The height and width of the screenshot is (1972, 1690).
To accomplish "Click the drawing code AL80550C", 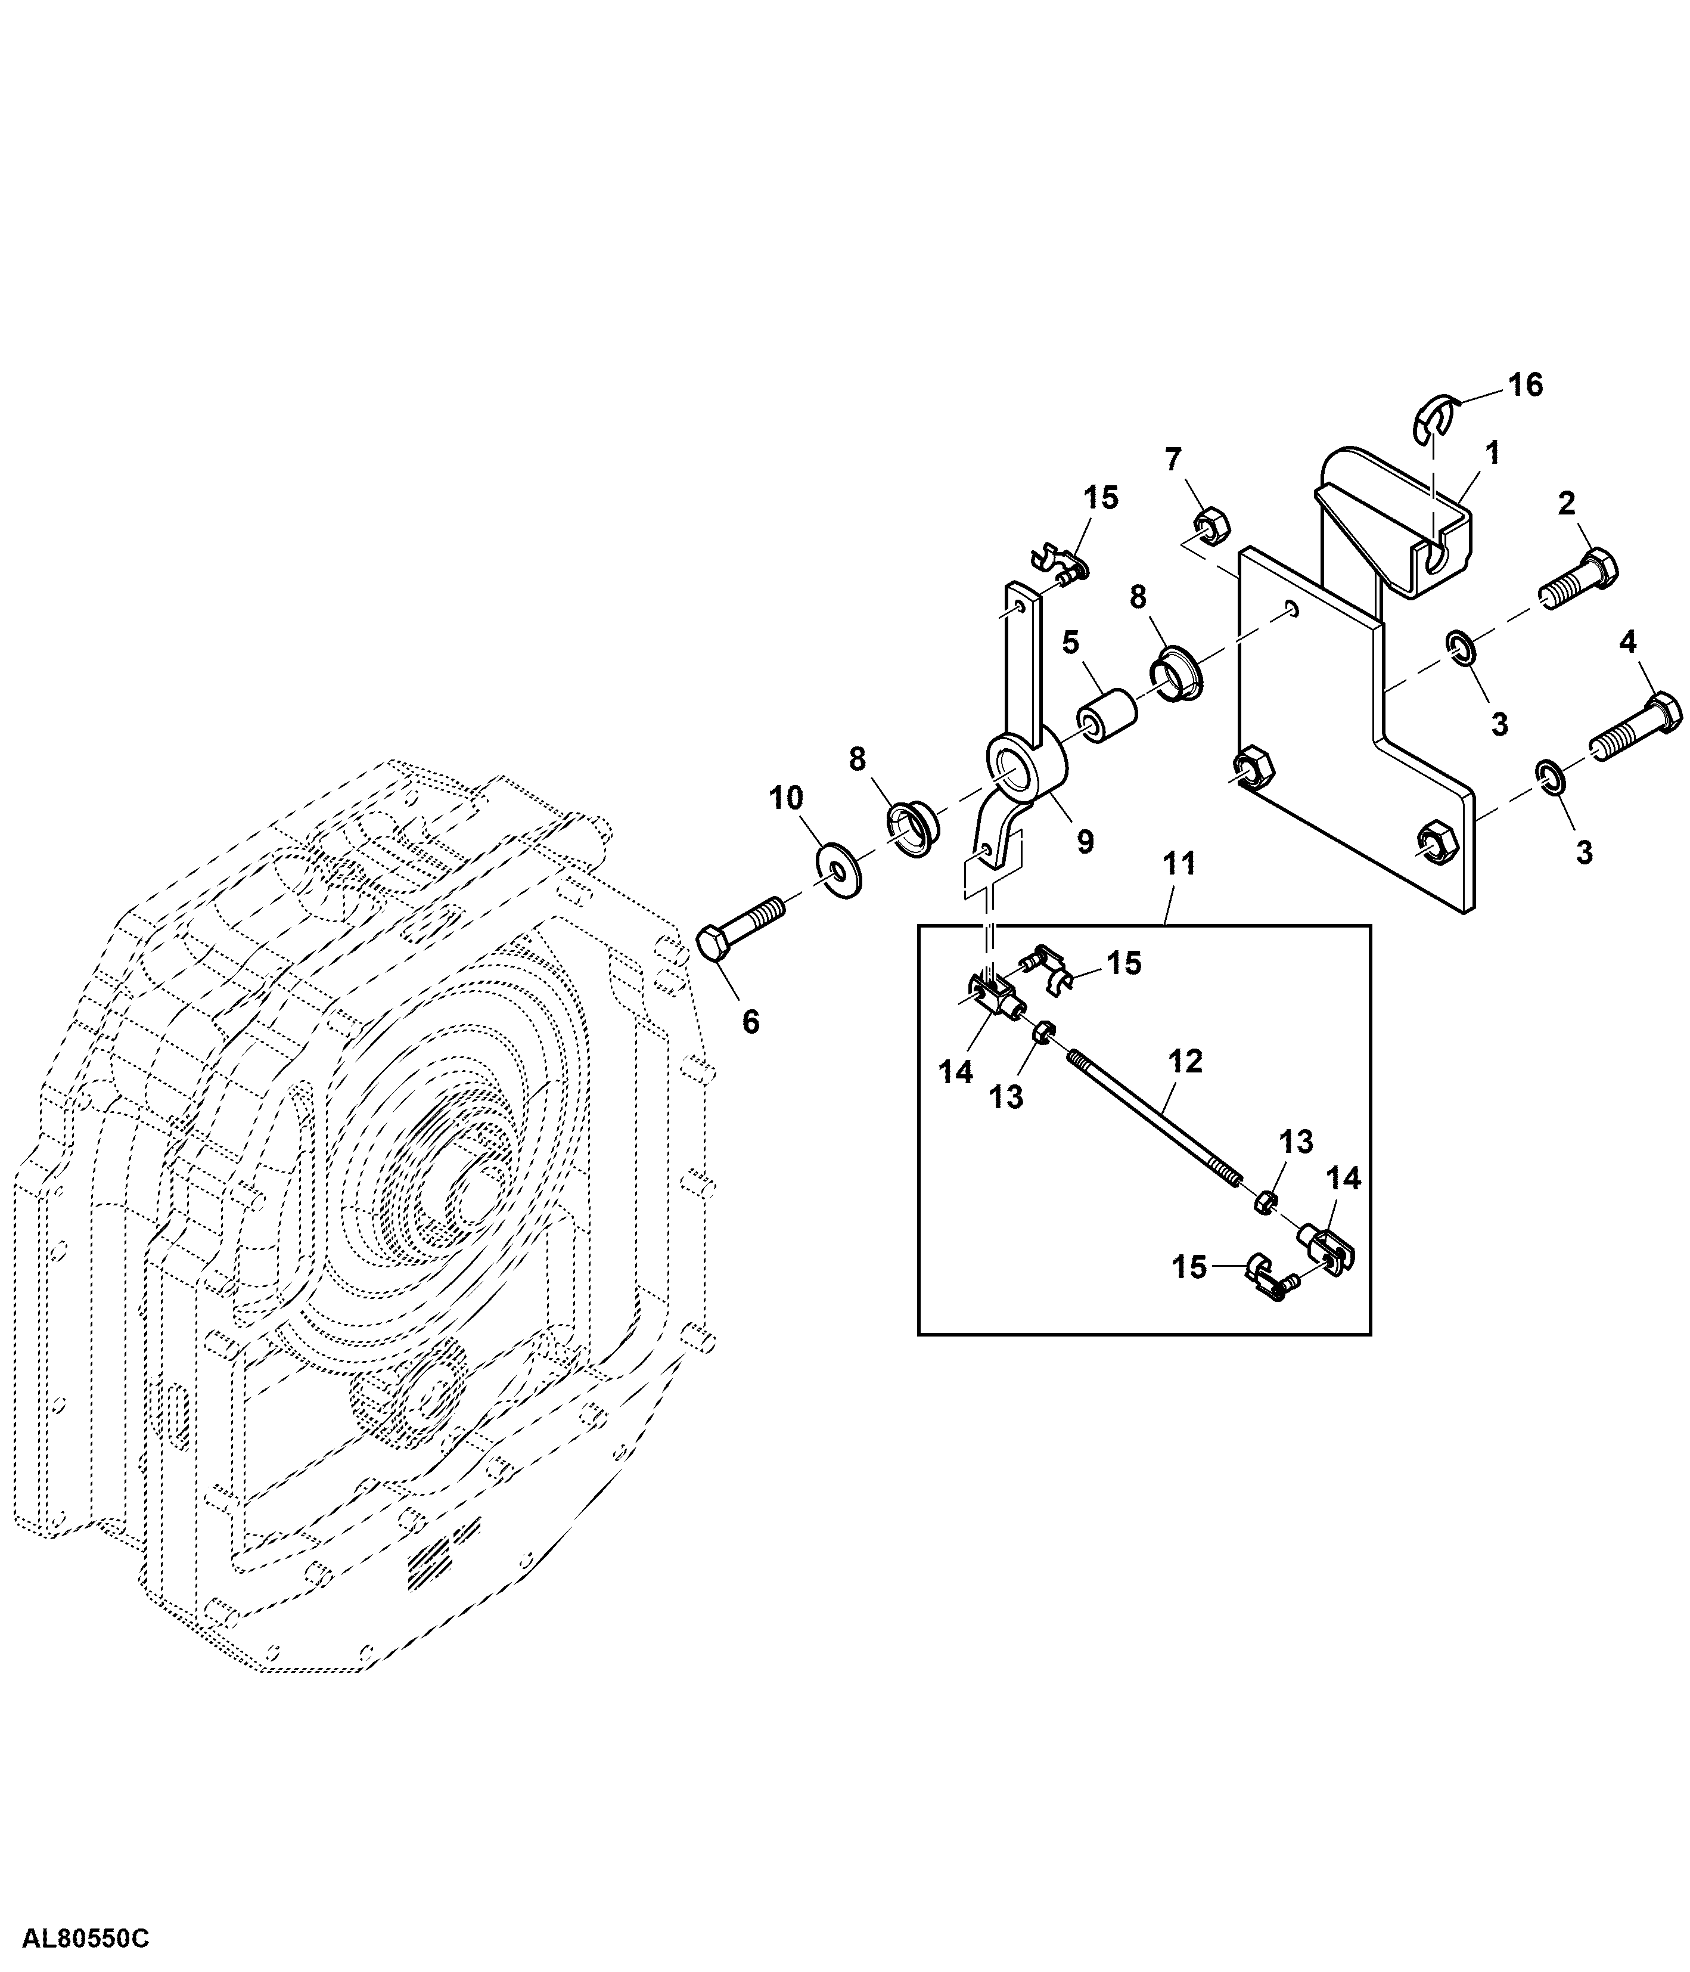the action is (86, 1939).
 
